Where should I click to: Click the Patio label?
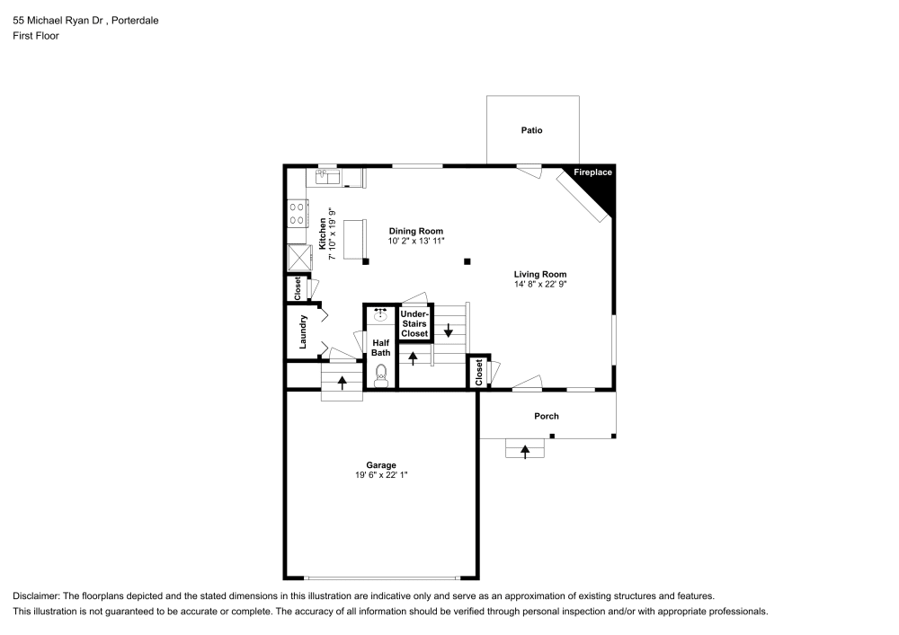[531, 130]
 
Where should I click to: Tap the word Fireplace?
[592, 172]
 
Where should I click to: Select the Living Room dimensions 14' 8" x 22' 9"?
[540, 284]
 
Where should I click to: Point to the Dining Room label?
[416, 232]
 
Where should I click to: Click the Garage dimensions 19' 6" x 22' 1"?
[381, 474]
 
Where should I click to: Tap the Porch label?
[547, 416]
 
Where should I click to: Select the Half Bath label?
[380, 348]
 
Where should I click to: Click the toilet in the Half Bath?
[381, 376]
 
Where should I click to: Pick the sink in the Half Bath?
[380, 314]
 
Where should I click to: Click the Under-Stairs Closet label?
[414, 323]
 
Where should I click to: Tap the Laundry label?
[303, 331]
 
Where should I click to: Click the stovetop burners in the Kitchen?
[297, 213]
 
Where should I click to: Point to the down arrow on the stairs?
[449, 331]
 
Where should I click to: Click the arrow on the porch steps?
[525, 452]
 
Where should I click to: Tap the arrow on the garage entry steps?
[343, 383]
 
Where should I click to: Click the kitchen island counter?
[355, 239]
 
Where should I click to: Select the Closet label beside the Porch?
[479, 372]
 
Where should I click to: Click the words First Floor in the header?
[36, 36]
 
